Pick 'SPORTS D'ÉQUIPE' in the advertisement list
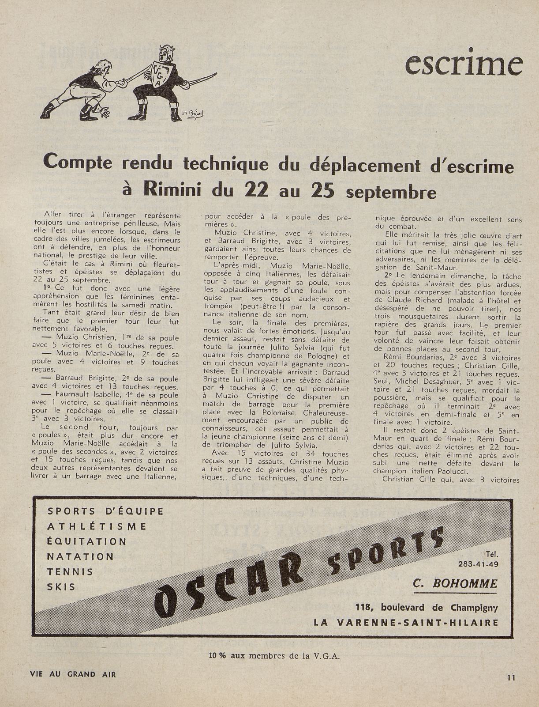tap(105, 511)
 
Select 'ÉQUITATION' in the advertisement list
tap(86, 541)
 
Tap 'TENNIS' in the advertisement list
tap(70, 572)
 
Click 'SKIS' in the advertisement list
tap(61, 587)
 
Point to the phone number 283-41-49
tap(479, 563)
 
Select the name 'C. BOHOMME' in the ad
tap(455, 584)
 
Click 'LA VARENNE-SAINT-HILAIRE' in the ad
tap(406, 623)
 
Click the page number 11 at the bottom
tap(511, 677)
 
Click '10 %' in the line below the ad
tap(217, 656)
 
